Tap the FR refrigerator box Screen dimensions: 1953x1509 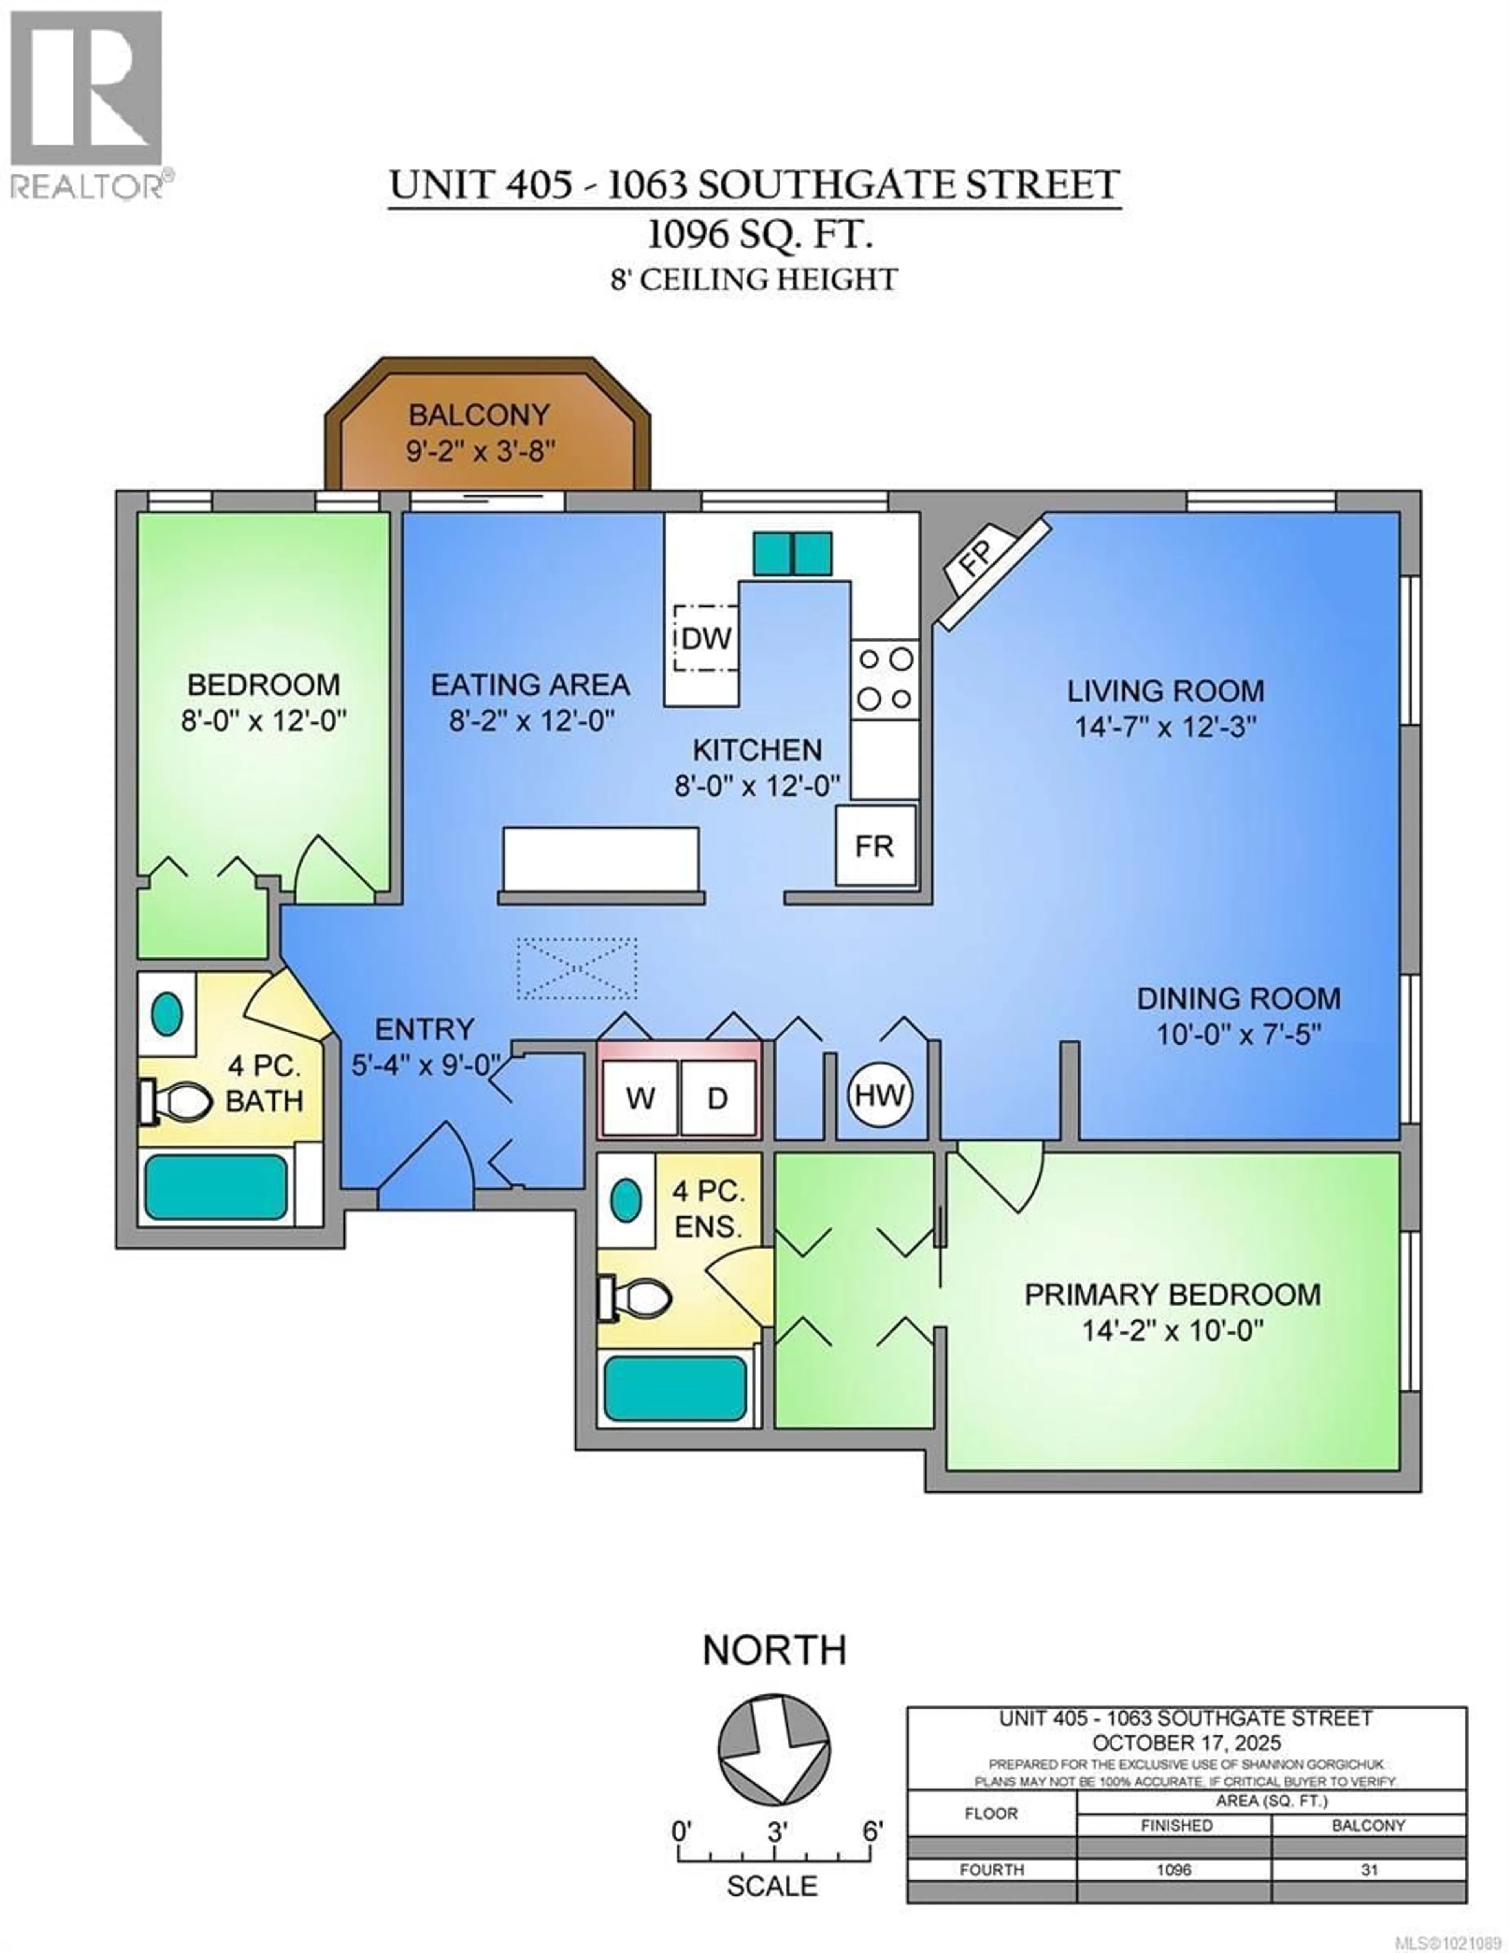coord(875,845)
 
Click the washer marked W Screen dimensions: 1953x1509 coord(640,1097)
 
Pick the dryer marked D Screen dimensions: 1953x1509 coord(718,1097)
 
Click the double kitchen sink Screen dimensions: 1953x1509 coord(791,554)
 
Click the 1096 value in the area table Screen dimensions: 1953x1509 coord(1173,1894)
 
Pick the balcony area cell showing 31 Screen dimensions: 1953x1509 coord(1369,1894)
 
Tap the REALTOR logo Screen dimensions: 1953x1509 coord(87,103)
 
